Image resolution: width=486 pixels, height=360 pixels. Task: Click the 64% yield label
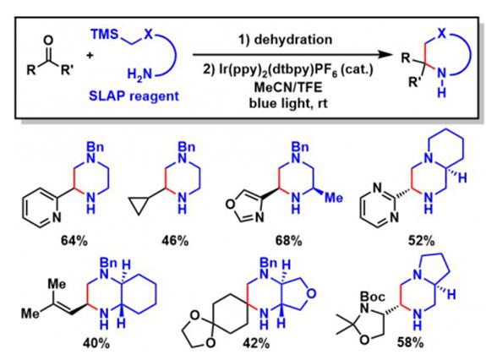(x=74, y=240)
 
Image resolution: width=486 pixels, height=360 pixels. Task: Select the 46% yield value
(x=175, y=240)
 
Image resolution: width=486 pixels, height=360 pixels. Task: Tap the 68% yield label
(x=288, y=240)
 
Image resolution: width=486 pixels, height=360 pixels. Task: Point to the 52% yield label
(x=421, y=240)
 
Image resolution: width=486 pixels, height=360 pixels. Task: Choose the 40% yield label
(x=96, y=343)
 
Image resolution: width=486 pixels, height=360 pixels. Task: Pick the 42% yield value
(x=256, y=343)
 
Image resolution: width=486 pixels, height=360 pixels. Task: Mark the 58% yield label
(x=410, y=342)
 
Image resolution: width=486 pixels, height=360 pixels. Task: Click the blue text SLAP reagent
(x=134, y=96)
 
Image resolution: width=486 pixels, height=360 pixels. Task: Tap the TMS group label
(x=105, y=34)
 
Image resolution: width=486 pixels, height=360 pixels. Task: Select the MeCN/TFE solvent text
(x=288, y=87)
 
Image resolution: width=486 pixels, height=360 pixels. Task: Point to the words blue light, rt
(x=288, y=103)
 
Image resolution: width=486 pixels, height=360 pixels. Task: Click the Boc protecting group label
(x=372, y=297)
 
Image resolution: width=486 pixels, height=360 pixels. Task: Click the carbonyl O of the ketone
(x=48, y=40)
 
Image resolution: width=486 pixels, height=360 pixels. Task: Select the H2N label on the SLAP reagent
(x=139, y=74)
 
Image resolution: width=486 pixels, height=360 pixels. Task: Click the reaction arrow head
(x=386, y=55)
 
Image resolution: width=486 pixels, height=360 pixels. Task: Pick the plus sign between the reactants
(x=90, y=56)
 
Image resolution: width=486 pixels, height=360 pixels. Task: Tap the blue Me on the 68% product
(x=334, y=198)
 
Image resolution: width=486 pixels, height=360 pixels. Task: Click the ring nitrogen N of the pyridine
(x=56, y=217)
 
